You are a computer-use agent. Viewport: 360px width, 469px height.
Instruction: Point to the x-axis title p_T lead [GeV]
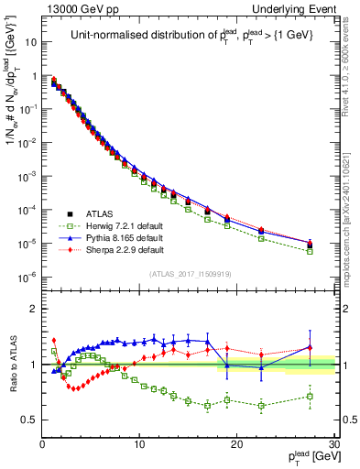click(x=308, y=457)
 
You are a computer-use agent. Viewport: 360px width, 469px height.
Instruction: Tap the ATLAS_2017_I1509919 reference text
click(x=189, y=272)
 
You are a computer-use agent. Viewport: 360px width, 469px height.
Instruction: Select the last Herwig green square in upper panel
click(x=310, y=250)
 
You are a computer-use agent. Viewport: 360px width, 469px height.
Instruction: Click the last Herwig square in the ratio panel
click(x=310, y=396)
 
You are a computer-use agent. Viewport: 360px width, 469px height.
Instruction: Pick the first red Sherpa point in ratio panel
click(x=54, y=340)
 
